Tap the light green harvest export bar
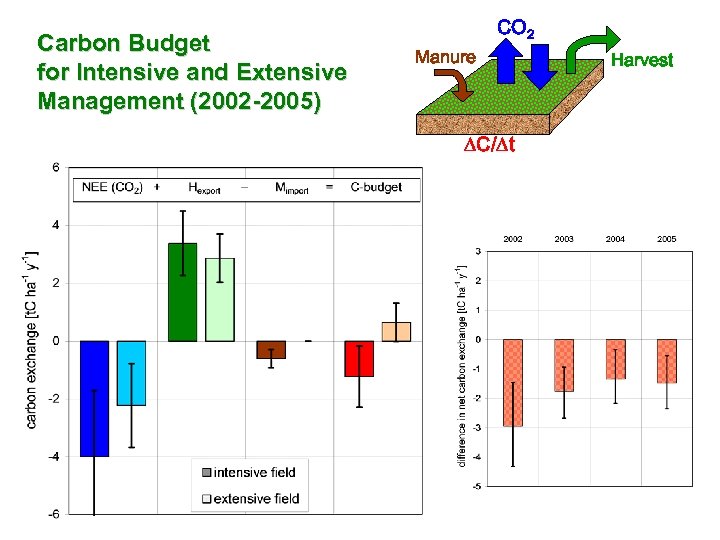[219, 299]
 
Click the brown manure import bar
[271, 349]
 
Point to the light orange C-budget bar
[396, 332]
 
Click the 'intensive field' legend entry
[249, 472]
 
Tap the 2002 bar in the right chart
[513, 382]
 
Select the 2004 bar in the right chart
[616, 359]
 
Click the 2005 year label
[667, 239]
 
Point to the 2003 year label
[564, 239]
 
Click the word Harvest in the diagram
[642, 61]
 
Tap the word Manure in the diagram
[445, 57]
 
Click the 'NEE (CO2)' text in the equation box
[112, 187]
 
